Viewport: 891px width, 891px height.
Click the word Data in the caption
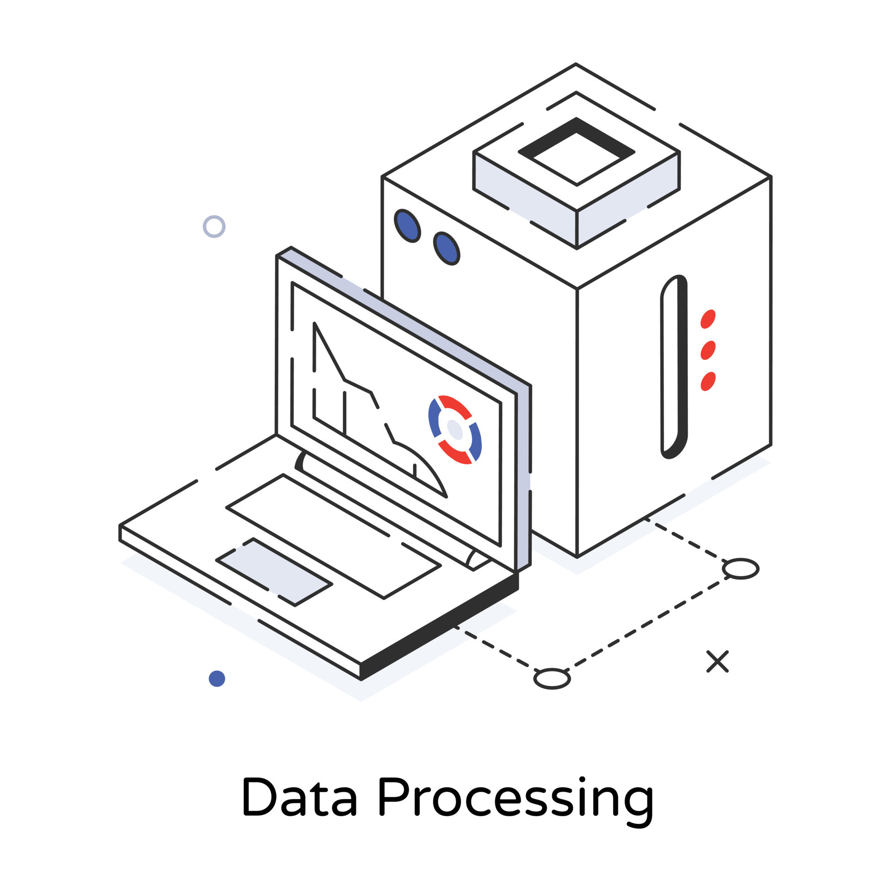299,796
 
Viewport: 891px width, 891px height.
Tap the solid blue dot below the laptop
217,678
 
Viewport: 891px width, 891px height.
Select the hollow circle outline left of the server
214,226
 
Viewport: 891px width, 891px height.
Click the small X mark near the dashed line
717,661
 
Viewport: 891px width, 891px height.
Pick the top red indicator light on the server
708,319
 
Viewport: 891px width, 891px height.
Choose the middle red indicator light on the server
708,350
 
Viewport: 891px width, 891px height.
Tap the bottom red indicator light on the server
708,381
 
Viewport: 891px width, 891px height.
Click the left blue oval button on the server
407,226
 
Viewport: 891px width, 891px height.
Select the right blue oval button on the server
446,248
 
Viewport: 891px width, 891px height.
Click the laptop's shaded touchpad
274,572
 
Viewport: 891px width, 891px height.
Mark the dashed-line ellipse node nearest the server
741,568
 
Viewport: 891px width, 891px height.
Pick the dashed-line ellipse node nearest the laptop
552,679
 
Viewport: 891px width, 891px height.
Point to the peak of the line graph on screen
315,323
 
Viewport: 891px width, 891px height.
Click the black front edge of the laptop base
439,626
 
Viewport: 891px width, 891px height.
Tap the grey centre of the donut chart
455,430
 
